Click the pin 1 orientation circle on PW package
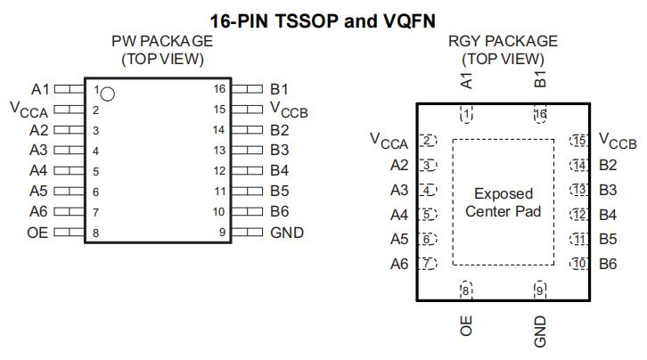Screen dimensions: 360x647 click(108, 93)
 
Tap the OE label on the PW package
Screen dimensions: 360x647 click(37, 233)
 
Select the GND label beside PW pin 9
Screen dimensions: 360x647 click(287, 233)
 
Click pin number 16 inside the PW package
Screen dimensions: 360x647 click(219, 89)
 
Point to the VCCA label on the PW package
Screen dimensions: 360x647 click(29, 110)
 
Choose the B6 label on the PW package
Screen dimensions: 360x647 click(280, 212)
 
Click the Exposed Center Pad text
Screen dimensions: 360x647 click(504, 202)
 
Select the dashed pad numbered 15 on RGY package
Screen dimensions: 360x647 click(580, 141)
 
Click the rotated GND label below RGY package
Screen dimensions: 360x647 click(539, 331)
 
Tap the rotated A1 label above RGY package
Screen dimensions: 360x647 click(465, 80)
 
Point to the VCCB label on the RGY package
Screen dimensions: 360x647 click(617, 141)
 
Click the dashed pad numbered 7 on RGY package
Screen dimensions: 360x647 click(428, 264)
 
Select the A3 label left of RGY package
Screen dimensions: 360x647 click(398, 190)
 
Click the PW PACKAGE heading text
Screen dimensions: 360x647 click(162, 42)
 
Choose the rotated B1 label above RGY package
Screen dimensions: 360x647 click(539, 79)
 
